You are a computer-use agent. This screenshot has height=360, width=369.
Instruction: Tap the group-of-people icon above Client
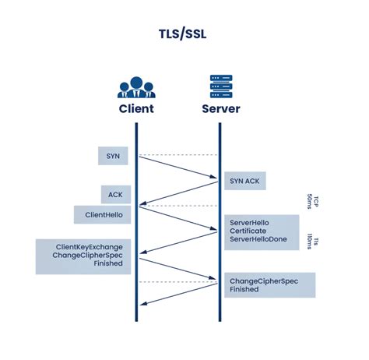click(x=135, y=86)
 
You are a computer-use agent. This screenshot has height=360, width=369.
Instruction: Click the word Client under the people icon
click(x=135, y=108)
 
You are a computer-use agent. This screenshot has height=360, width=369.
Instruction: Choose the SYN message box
click(x=112, y=156)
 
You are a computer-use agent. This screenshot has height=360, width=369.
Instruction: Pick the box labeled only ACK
click(x=115, y=195)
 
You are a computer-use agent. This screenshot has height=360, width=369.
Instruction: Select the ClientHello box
click(x=103, y=214)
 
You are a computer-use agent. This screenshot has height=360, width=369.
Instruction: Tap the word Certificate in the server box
click(x=250, y=231)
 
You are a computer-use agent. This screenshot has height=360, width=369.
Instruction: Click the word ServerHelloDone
click(x=260, y=241)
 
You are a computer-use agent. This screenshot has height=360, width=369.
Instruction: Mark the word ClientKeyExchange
click(x=88, y=247)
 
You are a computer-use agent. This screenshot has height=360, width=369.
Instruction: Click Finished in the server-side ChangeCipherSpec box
click(x=244, y=289)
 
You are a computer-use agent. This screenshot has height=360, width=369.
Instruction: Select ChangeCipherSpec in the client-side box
click(x=88, y=256)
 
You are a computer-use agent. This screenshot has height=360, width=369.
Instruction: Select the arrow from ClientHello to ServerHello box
click(x=177, y=217)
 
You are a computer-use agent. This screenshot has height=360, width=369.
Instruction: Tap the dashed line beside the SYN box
click(x=177, y=155)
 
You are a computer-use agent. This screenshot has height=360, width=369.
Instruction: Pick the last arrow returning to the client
click(x=177, y=294)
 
